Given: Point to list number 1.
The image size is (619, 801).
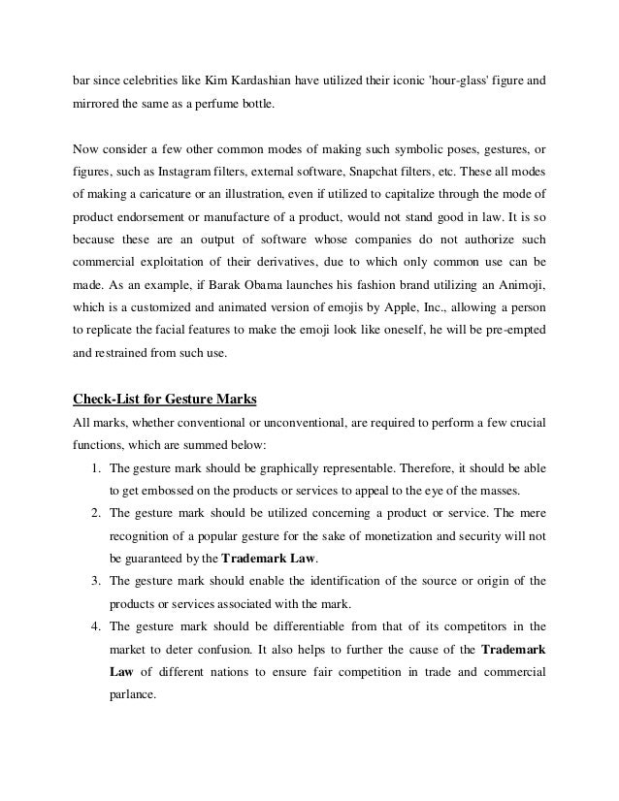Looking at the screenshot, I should point(87,466).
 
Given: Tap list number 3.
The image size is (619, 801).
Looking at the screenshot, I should point(87,581).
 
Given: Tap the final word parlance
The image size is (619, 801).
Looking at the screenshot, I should point(132,695).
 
